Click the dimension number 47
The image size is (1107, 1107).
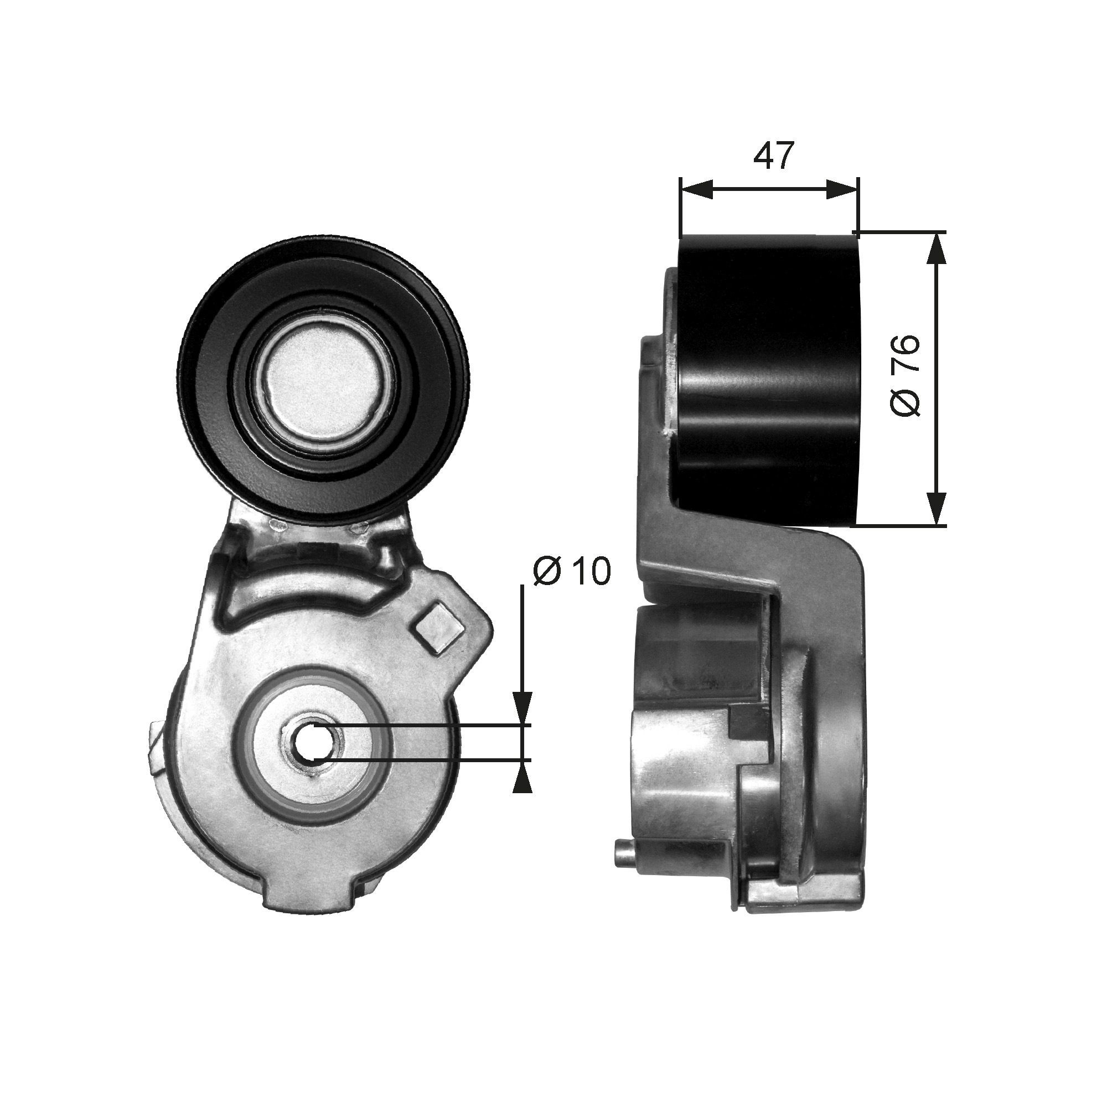(774, 156)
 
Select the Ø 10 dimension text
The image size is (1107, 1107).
(572, 571)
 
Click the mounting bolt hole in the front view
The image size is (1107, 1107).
(312, 743)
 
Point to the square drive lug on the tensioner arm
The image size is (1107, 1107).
(439, 629)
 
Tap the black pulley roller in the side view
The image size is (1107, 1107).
(768, 378)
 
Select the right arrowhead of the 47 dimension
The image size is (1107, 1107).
(843, 189)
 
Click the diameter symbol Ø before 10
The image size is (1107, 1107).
(547, 571)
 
